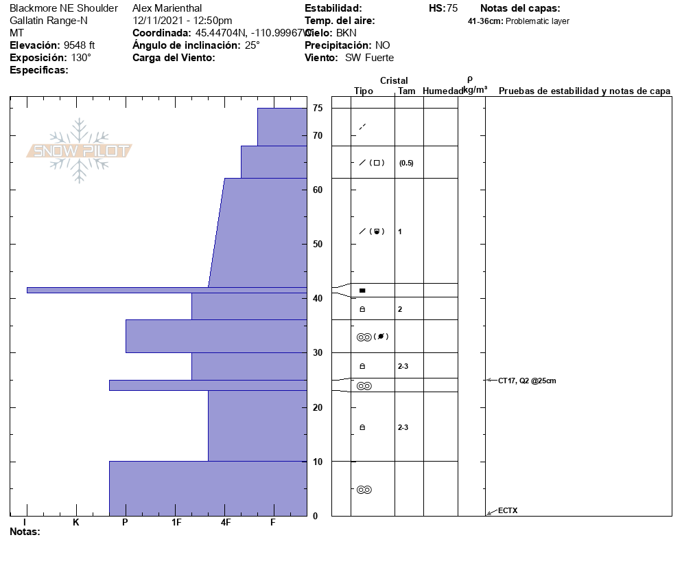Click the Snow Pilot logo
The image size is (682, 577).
click(x=80, y=150)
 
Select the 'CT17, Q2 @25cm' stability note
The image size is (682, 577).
click(x=527, y=381)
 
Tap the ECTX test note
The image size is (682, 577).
click(x=508, y=510)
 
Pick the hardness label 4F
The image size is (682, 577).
click(x=226, y=523)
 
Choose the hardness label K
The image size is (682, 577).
click(x=76, y=523)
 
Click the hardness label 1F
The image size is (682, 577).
click(x=176, y=523)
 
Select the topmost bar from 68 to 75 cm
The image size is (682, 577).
click(x=281, y=127)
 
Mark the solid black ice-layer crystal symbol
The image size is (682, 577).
click(x=362, y=291)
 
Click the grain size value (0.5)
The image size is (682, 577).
click(x=406, y=163)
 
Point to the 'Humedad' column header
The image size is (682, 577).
click(x=443, y=91)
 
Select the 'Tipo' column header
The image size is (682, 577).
click(x=364, y=91)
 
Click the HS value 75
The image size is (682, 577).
click(x=452, y=8)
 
